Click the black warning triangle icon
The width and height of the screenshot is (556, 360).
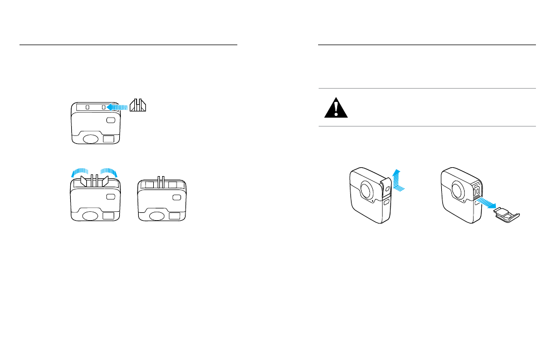(x=336, y=108)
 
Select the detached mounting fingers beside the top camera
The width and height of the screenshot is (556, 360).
(x=138, y=105)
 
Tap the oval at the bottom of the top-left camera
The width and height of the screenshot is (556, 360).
(x=91, y=138)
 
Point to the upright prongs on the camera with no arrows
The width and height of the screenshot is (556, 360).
(x=160, y=181)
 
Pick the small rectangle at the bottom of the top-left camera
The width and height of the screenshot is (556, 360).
(x=110, y=138)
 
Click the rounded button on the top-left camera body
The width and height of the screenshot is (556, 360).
(x=111, y=120)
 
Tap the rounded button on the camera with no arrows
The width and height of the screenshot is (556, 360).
(x=177, y=197)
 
